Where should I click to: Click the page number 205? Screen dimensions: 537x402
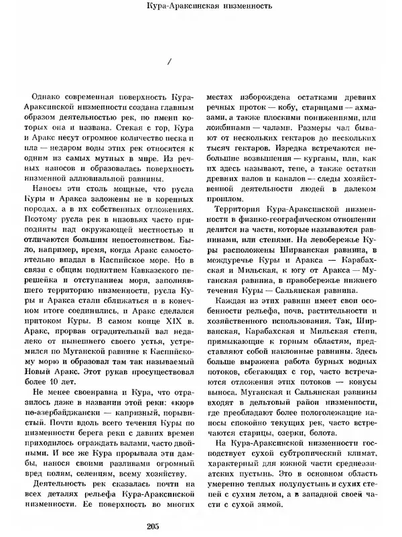point(200,524)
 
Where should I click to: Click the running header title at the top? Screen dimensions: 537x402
point(200,8)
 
